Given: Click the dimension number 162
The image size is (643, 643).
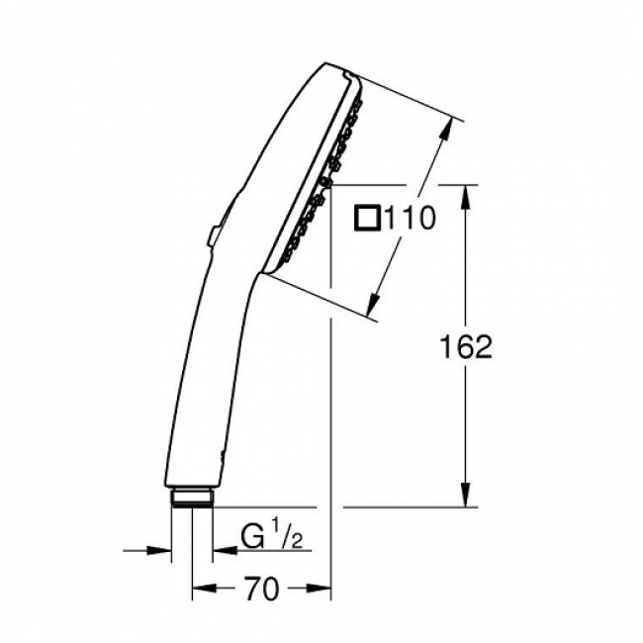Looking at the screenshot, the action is [466, 347].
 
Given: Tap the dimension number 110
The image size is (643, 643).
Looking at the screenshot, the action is [410, 219].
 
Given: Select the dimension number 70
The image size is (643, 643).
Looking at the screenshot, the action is [262, 589].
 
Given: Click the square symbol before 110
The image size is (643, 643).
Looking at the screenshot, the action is [367, 219].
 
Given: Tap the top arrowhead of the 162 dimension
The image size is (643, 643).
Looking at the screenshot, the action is [465, 198].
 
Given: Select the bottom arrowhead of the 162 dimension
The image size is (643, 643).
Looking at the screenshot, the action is [465, 495].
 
